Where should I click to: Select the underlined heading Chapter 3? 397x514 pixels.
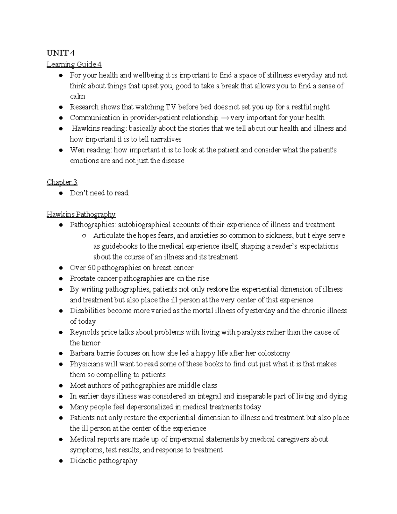pos(62,182)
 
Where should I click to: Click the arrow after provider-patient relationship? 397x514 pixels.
pos(224,118)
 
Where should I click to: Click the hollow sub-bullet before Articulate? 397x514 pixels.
pos(84,236)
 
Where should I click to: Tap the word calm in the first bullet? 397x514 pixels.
pos(77,96)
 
